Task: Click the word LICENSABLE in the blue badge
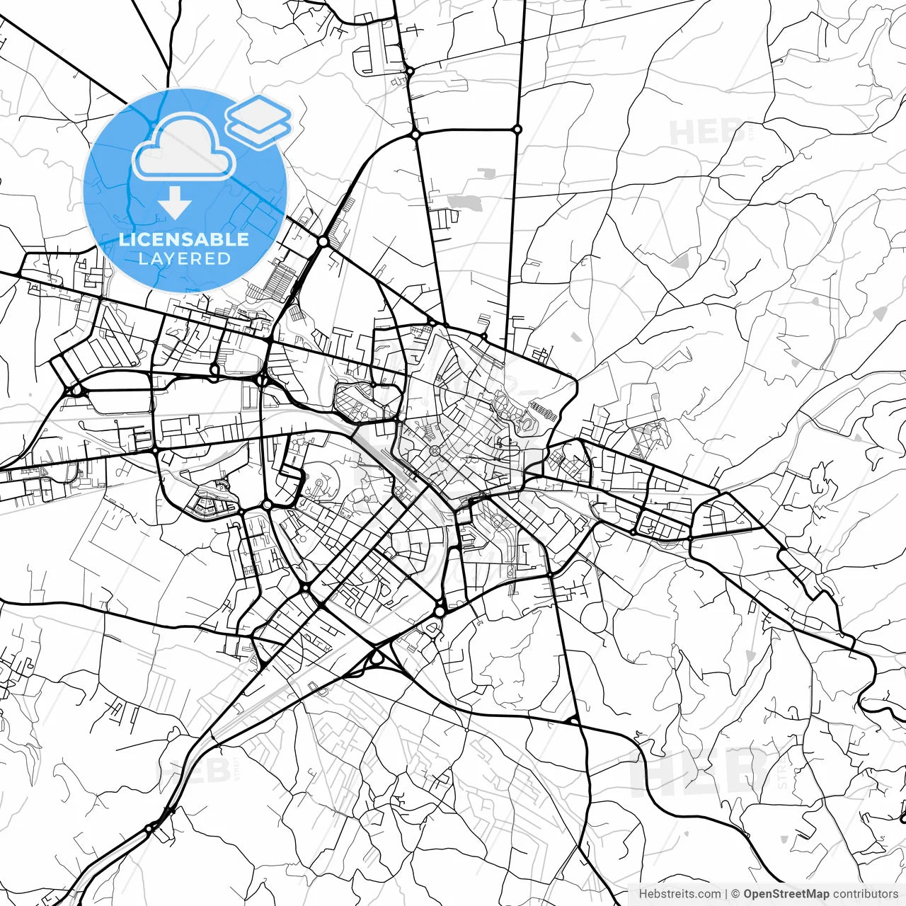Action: coord(184,239)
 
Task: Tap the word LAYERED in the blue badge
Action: coord(184,259)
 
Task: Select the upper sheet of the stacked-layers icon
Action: coord(259,111)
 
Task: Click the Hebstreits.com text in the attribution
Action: coord(679,894)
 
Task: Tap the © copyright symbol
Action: coord(735,894)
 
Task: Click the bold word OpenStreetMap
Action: coord(786,894)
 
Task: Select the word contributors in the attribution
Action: coord(865,894)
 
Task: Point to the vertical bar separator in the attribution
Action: coord(726,894)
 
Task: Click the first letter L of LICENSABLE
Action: coord(124,239)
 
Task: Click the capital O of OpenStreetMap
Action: coord(748,894)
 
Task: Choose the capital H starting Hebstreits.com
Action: coord(643,894)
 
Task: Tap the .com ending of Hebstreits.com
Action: coord(709,894)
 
